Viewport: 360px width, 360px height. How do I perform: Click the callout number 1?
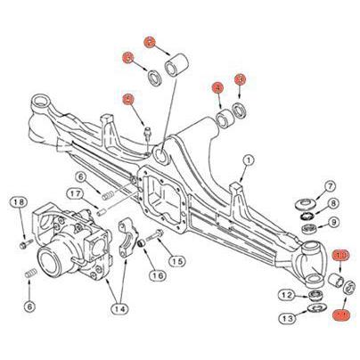pyautogui.click(x=248, y=161)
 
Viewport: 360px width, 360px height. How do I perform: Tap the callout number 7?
pyautogui.click(x=329, y=185)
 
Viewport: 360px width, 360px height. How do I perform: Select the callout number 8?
pyautogui.click(x=329, y=204)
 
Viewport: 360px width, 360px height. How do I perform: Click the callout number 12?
pyautogui.click(x=286, y=294)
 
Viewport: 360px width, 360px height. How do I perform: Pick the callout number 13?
pyautogui.click(x=286, y=318)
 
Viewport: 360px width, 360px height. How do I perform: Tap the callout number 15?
pyautogui.click(x=176, y=261)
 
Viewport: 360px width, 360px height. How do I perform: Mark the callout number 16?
pyautogui.click(x=157, y=276)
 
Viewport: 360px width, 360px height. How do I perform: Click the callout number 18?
pyautogui.click(x=19, y=204)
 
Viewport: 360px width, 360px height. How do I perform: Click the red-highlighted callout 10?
pyautogui.click(x=341, y=257)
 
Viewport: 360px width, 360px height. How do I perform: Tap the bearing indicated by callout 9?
pyautogui.click(x=311, y=229)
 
